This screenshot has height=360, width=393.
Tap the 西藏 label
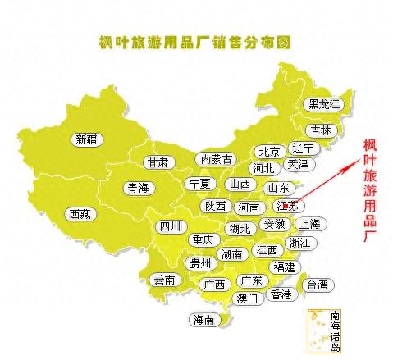click(81, 214)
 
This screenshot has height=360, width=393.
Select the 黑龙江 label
click(323, 104)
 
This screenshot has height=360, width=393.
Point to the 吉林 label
click(320, 130)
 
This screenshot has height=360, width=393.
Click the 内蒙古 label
click(217, 159)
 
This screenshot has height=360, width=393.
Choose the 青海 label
click(138, 188)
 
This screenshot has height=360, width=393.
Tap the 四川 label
click(171, 226)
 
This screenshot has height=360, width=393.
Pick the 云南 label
click(164, 279)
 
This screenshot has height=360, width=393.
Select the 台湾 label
click(317, 285)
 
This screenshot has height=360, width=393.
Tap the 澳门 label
click(246, 298)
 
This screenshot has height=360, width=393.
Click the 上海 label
click(308, 223)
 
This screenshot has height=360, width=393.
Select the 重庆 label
click(202, 240)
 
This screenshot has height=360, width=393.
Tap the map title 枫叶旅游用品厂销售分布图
click(195, 42)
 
